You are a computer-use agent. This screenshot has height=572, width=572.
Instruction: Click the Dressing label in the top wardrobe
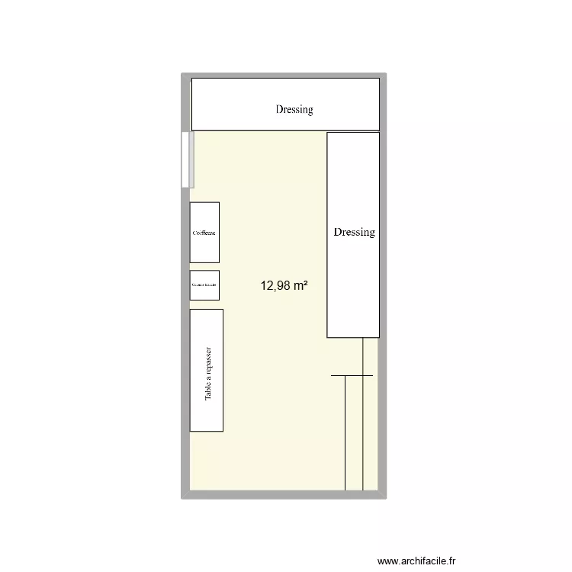click(294, 109)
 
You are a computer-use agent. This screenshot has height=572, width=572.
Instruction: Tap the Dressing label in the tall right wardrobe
click(354, 232)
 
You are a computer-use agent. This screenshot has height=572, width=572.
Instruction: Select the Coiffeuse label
click(204, 233)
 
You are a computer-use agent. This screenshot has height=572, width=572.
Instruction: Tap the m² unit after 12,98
click(301, 286)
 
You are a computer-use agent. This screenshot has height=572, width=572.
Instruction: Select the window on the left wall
click(186, 159)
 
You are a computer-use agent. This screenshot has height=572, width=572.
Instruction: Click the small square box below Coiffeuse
click(204, 284)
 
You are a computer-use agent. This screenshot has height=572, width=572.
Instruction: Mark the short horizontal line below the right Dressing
click(352, 375)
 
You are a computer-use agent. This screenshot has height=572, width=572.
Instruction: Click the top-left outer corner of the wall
click(182, 75)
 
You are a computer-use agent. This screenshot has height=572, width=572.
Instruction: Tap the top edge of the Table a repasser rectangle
click(206, 309)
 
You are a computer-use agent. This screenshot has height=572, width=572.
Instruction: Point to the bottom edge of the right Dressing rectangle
click(353, 337)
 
